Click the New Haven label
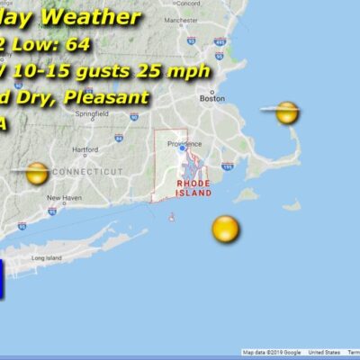64,198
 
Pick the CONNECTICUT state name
87,171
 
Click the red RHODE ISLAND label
193,187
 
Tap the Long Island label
45,258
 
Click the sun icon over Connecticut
37,173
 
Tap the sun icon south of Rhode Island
226,229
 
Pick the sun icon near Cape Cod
287,112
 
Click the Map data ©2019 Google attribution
272,353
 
